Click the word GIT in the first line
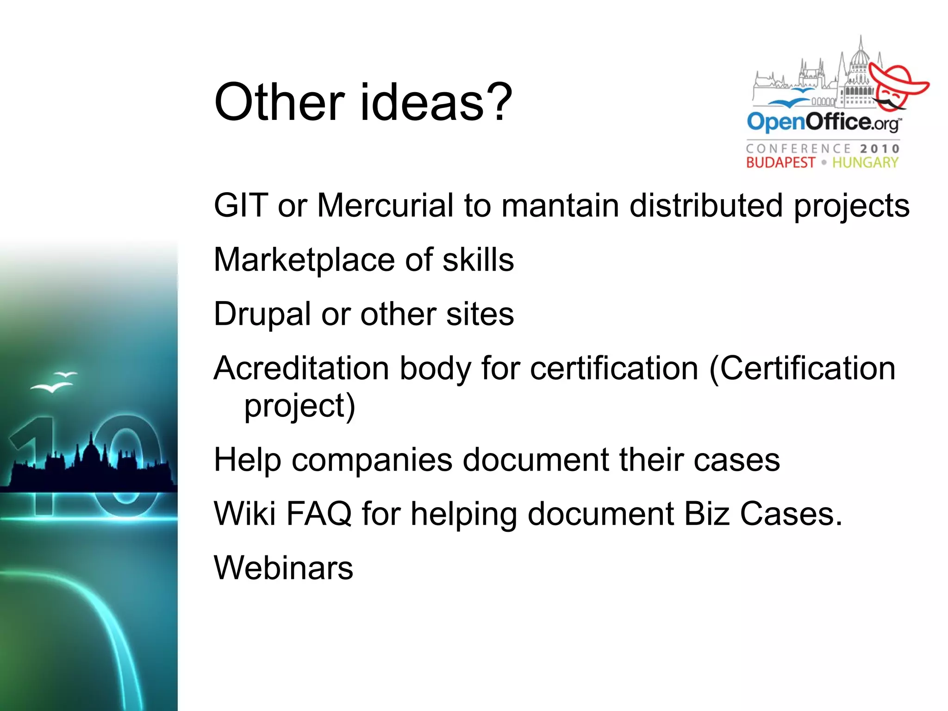click(240, 205)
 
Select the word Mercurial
click(385, 205)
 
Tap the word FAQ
click(319, 514)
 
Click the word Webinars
click(283, 568)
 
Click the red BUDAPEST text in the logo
click(780, 163)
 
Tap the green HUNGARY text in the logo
click(865, 163)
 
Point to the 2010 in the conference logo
click(879, 149)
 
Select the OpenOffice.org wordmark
click(823, 122)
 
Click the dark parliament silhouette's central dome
click(91, 452)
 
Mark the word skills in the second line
click(478, 260)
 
